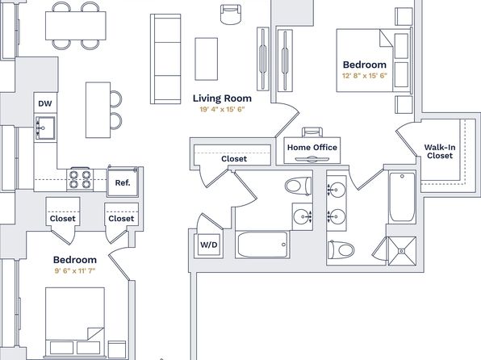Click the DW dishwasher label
[45, 103]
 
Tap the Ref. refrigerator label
[123, 182]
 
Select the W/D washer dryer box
[208, 245]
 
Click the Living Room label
[222, 98]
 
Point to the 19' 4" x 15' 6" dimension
[222, 109]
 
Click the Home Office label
[312, 148]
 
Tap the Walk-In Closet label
[440, 151]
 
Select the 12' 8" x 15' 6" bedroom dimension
[365, 76]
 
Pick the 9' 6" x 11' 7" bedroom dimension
[75, 270]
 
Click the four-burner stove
[80, 179]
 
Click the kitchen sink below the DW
[45, 128]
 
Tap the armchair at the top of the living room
[230, 15]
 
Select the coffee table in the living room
[206, 59]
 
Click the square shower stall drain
[402, 251]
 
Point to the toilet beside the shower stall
[341, 249]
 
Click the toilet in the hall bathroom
[298, 186]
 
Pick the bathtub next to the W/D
[263, 245]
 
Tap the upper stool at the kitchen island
[116, 98]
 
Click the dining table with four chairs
[76, 26]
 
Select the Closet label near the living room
[234, 159]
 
